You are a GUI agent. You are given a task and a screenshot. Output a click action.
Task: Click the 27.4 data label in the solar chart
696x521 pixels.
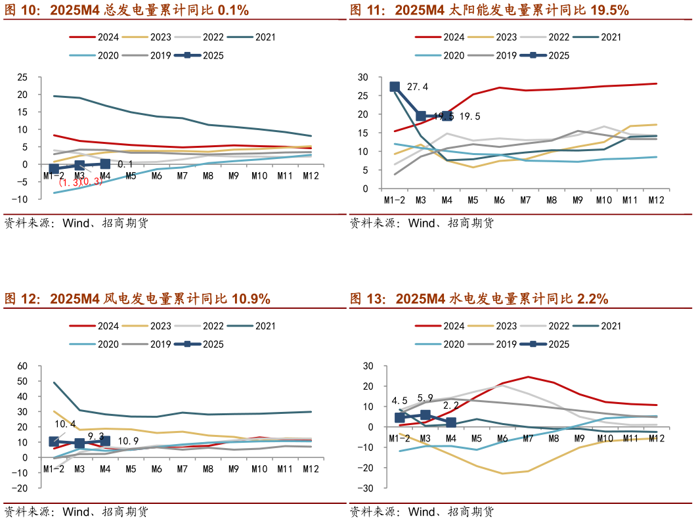(x=418, y=87)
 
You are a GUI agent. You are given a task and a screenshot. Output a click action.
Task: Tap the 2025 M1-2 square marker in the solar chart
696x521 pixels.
(x=395, y=87)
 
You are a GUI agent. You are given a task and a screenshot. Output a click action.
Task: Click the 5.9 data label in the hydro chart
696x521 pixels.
(x=425, y=398)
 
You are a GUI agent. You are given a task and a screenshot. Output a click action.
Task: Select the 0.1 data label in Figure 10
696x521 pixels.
(x=126, y=164)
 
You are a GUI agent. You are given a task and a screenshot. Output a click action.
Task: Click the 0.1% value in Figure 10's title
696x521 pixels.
(x=229, y=10)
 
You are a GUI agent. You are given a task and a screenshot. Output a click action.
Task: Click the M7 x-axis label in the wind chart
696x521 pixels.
(x=183, y=469)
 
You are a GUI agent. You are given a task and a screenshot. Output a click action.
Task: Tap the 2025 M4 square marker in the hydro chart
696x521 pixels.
(x=451, y=422)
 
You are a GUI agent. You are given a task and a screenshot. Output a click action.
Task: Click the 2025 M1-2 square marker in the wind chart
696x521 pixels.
(x=54, y=442)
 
